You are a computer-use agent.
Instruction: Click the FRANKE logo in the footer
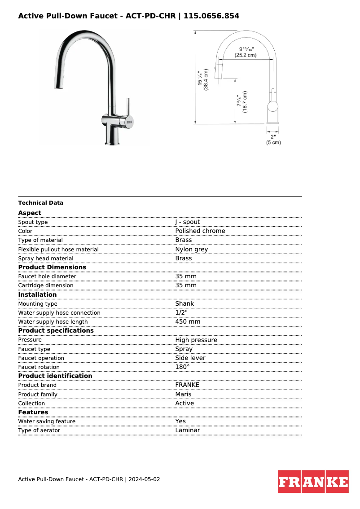pos(313,482)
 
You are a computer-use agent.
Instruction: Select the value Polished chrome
pos(200,231)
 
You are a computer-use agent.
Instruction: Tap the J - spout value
pos(188,222)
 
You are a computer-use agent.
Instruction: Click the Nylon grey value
pos(192,250)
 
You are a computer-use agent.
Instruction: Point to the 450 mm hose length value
pos(188,322)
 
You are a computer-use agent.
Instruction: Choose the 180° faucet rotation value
pos(182,367)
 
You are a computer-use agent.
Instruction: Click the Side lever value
pos(190,358)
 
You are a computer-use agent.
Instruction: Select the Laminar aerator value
pos(188,430)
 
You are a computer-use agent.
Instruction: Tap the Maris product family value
pos(183,395)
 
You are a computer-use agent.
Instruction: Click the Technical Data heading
pos(41,203)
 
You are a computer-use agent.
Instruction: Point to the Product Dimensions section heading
pos(52,268)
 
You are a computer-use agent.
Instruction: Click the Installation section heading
pos(37,295)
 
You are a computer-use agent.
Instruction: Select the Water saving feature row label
pos(47,421)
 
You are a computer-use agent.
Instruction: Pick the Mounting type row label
pos(38,304)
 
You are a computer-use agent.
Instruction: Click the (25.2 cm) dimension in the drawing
pos(246,55)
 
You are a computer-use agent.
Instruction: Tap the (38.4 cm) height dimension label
pos(206,79)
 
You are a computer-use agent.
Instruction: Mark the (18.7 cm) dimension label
pos(245,102)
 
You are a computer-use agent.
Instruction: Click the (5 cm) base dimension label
pos(273,142)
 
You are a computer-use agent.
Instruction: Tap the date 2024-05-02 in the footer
pos(144,479)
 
